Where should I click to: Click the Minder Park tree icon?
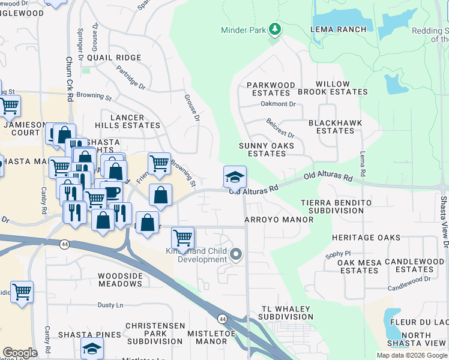point(274,29)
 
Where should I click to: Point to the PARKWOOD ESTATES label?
point(271,89)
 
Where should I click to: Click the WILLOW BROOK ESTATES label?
point(333,88)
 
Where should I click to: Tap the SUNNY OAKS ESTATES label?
point(267,149)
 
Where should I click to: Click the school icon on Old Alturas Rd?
point(235,176)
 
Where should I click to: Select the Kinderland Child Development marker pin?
point(236,255)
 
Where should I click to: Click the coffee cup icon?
point(112,192)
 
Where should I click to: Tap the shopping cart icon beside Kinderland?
point(182,237)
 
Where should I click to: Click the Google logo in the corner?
point(20,353)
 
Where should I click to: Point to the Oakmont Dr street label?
point(278,104)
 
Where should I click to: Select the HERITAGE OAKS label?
point(366,238)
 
